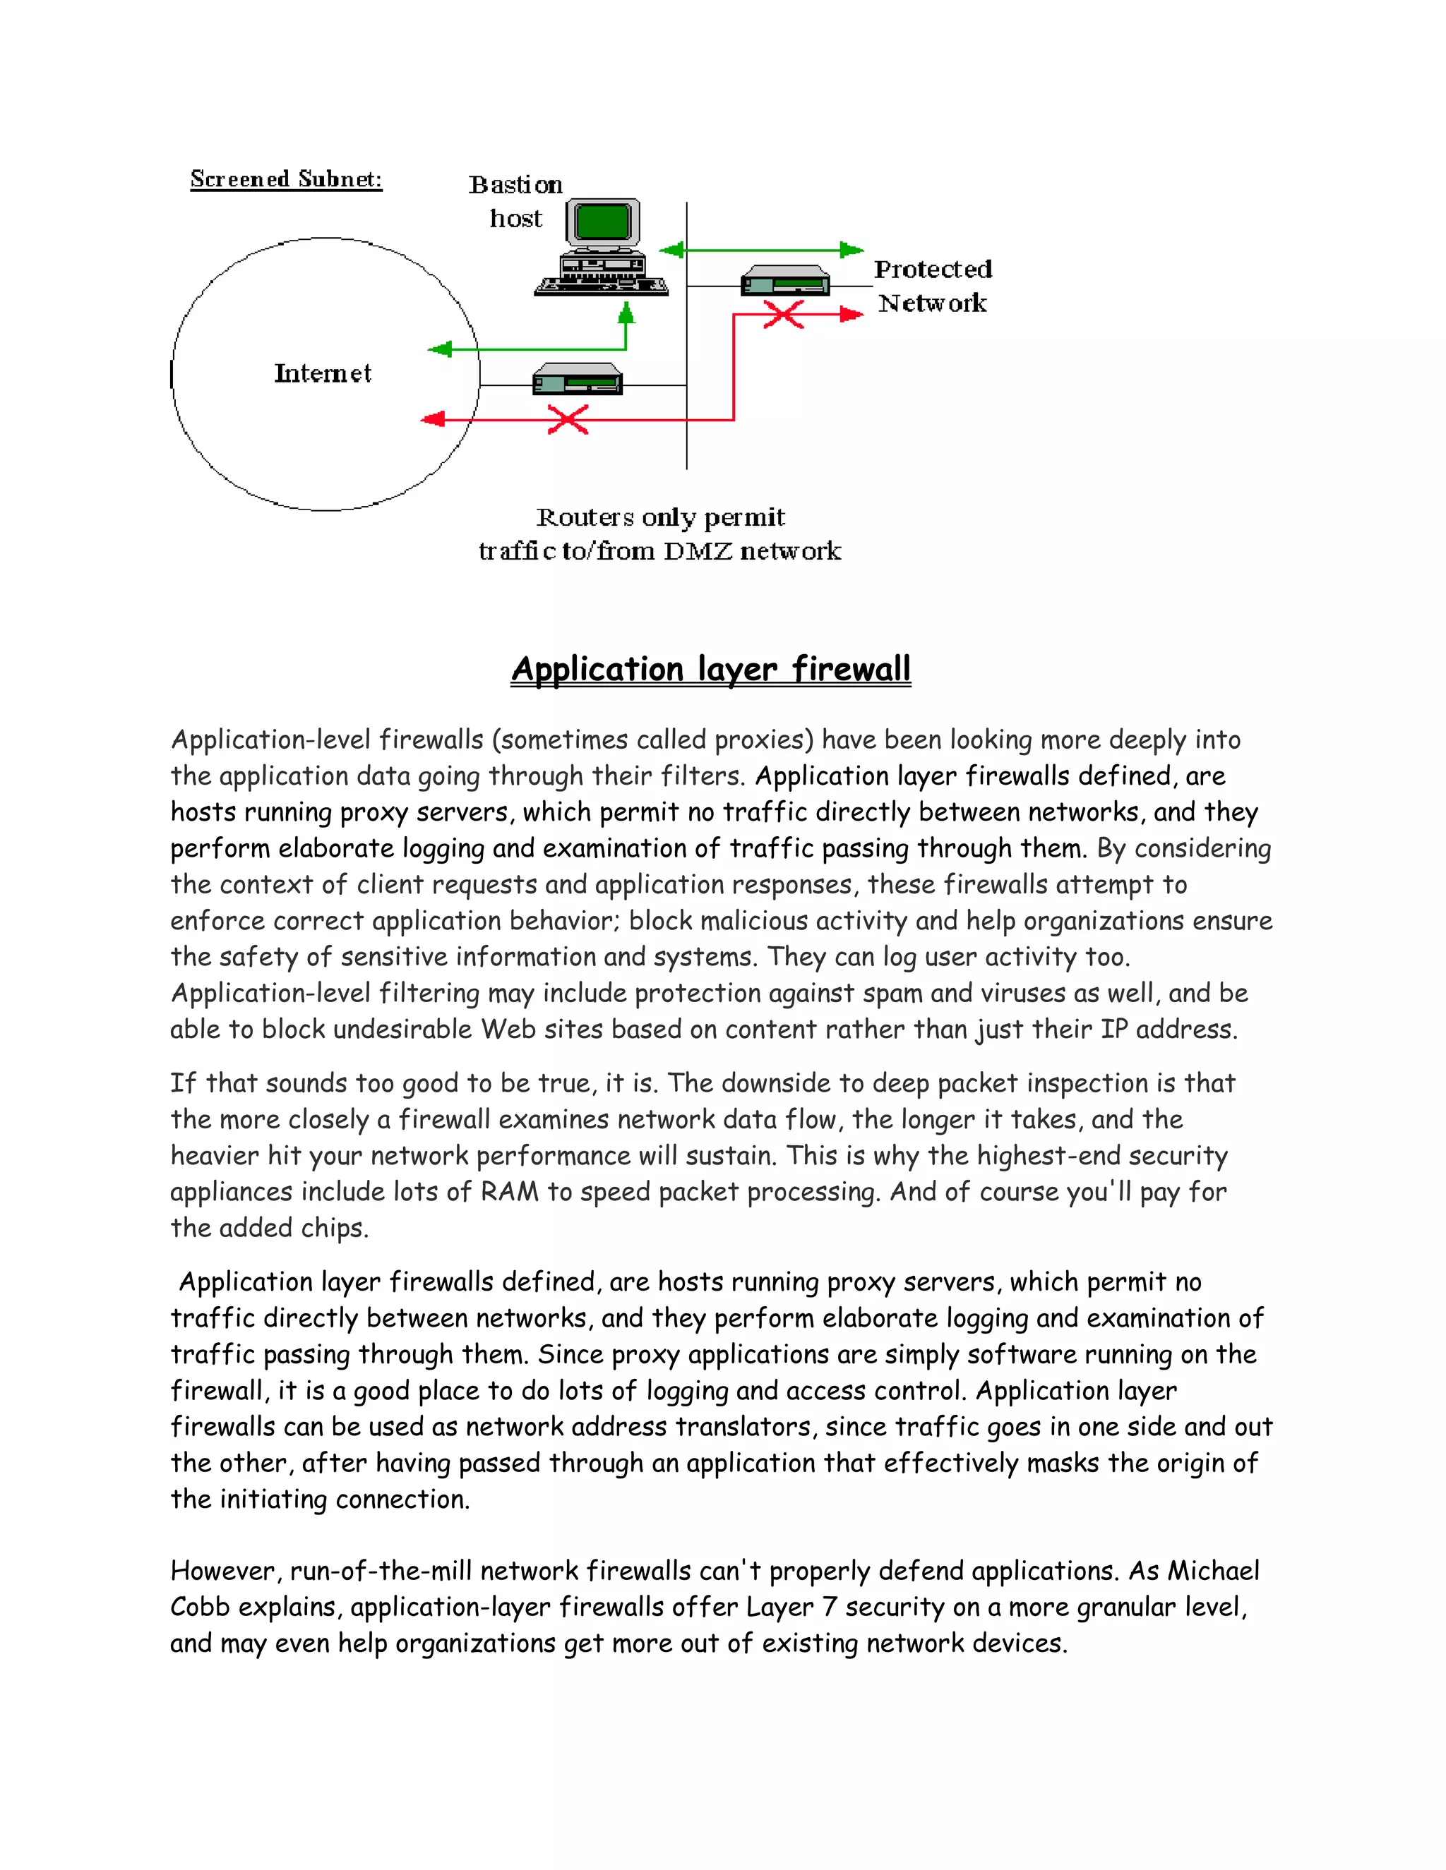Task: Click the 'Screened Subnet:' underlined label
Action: click(x=285, y=179)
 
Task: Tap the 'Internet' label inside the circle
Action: click(x=322, y=373)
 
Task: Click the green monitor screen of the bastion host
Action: click(x=603, y=222)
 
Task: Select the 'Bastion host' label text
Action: click(x=515, y=201)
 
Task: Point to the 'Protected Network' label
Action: click(x=932, y=286)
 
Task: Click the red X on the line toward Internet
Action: click(x=568, y=420)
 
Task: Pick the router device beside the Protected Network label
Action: click(x=784, y=281)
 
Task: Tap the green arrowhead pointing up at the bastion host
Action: click(x=626, y=313)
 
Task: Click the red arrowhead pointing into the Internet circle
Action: click(x=434, y=418)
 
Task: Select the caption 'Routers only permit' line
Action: click(x=659, y=517)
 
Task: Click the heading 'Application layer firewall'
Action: click(x=711, y=669)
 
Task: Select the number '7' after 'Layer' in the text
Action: click(x=828, y=1606)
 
